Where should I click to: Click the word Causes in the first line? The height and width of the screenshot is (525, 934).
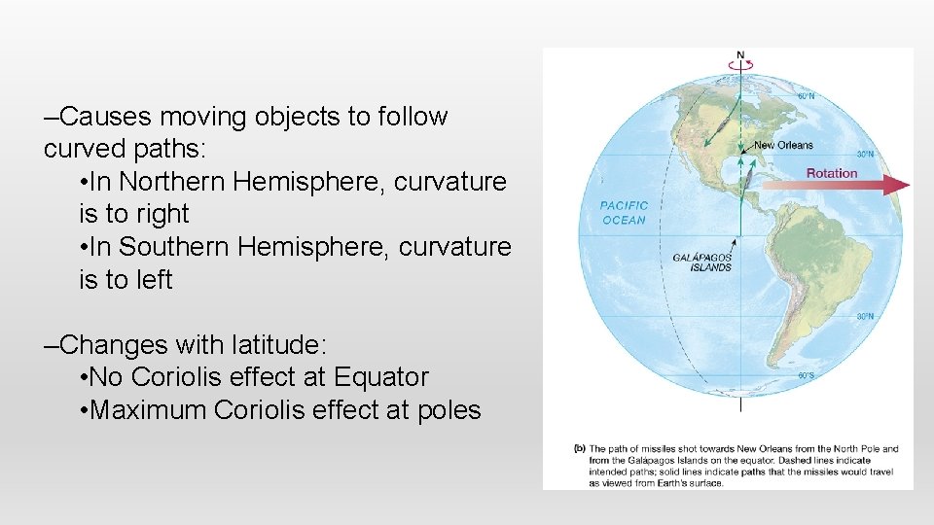(105, 117)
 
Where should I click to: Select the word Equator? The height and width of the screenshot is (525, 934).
(380, 377)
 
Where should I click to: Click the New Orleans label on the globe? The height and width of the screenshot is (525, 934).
(783, 145)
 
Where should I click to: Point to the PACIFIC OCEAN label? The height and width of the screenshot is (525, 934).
(624, 213)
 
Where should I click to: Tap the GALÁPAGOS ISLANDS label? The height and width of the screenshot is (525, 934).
(702, 262)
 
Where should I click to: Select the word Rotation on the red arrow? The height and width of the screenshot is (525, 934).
(832, 173)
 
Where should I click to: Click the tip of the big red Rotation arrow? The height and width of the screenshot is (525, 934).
(908, 185)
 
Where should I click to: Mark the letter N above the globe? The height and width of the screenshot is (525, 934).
(740, 54)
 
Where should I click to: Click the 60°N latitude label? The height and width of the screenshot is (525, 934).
(807, 96)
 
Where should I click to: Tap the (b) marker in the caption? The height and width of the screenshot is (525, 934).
(580, 449)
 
